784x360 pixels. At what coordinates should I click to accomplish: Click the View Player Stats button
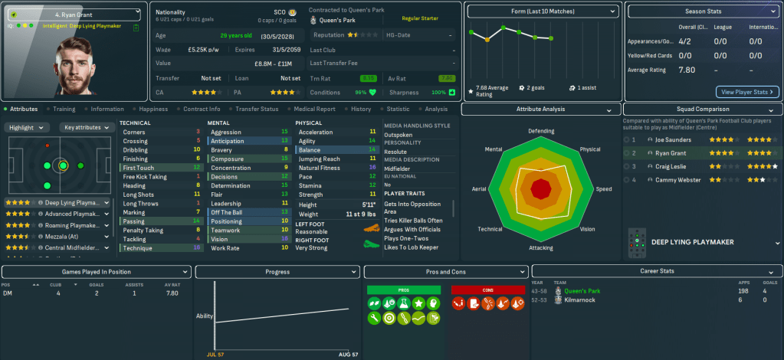[x=747, y=92]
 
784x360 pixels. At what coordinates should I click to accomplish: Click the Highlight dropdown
[x=29, y=127]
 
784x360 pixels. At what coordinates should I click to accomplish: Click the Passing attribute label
[x=135, y=221]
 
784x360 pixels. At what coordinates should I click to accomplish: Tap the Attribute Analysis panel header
[x=540, y=110]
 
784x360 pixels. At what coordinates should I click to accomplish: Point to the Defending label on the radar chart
[x=541, y=131]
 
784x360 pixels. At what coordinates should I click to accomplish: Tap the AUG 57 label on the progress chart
[x=348, y=355]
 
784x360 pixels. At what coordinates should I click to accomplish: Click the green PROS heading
[x=404, y=290]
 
